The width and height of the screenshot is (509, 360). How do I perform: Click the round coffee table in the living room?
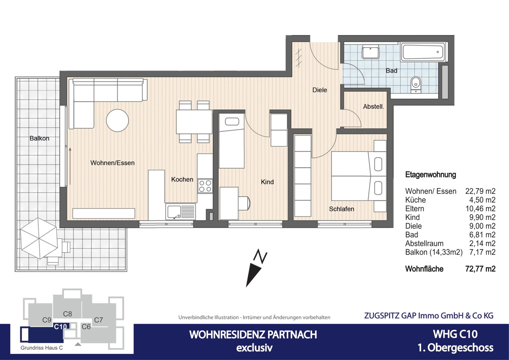[117, 121]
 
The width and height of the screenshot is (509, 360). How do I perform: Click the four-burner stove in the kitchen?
[205, 186]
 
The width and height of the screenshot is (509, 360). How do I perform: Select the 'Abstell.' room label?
[373, 107]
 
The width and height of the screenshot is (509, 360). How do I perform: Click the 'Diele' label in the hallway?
[319, 90]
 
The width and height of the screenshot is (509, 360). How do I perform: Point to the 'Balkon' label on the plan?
[39, 138]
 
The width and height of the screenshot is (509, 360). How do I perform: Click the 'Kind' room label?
[267, 182]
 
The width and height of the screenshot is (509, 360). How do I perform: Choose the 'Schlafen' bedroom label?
[341, 209]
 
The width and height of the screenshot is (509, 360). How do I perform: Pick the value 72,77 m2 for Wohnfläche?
[480, 269]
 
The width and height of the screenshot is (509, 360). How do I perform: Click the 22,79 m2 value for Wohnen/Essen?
[480, 191]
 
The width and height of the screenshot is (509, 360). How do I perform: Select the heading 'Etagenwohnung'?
[431, 174]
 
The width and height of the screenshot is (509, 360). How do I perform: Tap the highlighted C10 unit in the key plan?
[60, 327]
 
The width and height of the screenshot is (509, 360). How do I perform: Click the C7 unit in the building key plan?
[98, 320]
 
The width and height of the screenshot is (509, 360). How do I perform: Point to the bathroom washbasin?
[370, 53]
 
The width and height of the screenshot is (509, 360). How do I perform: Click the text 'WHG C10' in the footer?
[455, 334]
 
